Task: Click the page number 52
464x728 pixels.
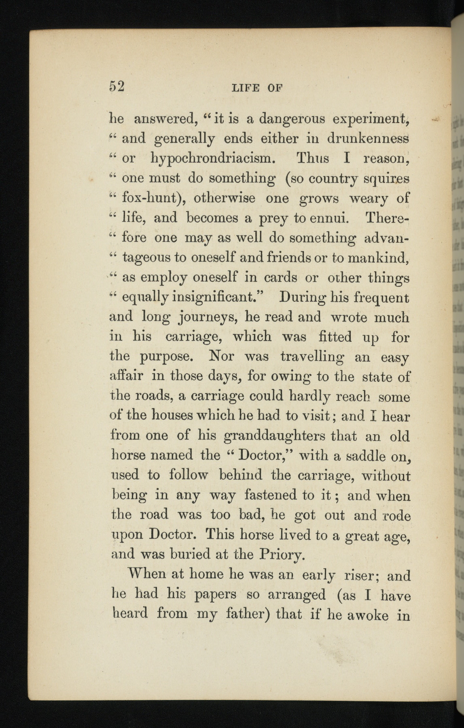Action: [116, 87]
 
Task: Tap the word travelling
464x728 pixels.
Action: [312, 357]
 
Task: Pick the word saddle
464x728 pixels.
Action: [364, 456]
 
